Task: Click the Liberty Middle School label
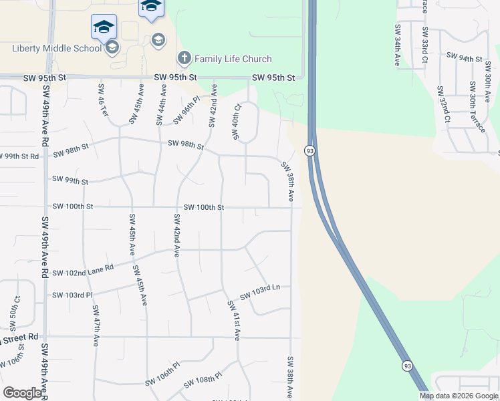[x=56, y=48]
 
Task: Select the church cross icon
[x=184, y=59]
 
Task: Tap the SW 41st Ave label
[x=233, y=320]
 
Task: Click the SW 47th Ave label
[x=96, y=325]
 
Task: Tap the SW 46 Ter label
[x=103, y=100]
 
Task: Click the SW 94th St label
[x=464, y=58]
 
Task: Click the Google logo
[x=22, y=393]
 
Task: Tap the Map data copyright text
[x=459, y=396]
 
